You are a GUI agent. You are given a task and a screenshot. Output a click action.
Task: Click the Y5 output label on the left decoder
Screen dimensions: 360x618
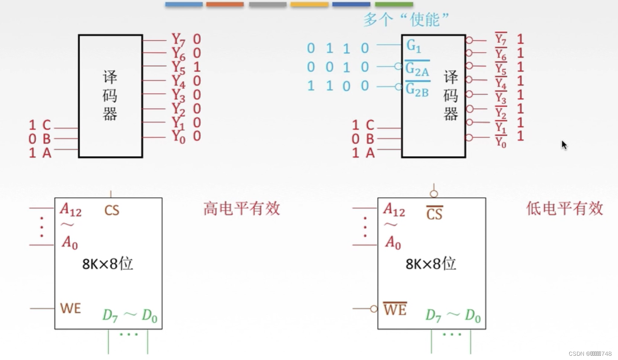point(179,67)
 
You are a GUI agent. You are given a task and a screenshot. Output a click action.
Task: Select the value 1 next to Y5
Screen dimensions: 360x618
point(197,67)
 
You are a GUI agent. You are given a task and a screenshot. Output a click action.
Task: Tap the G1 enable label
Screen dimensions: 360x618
point(413,45)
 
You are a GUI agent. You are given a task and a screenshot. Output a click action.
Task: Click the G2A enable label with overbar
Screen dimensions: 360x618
point(417,69)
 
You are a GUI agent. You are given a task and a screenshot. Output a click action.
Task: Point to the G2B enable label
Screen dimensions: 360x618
point(417,89)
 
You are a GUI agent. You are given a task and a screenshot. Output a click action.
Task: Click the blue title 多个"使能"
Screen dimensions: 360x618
point(406,19)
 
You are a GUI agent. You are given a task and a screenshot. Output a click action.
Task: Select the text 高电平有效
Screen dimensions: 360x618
point(241,208)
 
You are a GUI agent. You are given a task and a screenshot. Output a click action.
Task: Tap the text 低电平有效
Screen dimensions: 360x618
point(565,208)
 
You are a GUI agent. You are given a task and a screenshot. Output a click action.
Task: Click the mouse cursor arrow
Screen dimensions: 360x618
point(564,145)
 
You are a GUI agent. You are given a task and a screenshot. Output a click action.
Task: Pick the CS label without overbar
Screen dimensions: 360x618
point(112,210)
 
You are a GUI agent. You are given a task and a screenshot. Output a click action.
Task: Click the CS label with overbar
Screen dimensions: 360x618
point(434,213)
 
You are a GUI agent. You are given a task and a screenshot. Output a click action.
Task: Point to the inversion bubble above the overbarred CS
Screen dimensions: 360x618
point(434,194)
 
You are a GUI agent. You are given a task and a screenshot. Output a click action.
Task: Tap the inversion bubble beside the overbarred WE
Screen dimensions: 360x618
point(374,309)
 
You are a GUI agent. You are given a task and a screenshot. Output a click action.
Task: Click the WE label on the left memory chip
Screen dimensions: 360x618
point(71,308)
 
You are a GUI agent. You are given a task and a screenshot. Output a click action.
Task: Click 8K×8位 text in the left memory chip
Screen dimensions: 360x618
point(107,264)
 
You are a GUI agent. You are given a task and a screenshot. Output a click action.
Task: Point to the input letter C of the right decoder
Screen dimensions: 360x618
point(370,125)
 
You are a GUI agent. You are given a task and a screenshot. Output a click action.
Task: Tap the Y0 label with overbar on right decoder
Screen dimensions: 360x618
point(501,142)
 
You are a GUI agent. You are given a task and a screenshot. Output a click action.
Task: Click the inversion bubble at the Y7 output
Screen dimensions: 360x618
point(469,40)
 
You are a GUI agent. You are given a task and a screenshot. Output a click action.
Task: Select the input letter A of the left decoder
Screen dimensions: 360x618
point(47,153)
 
